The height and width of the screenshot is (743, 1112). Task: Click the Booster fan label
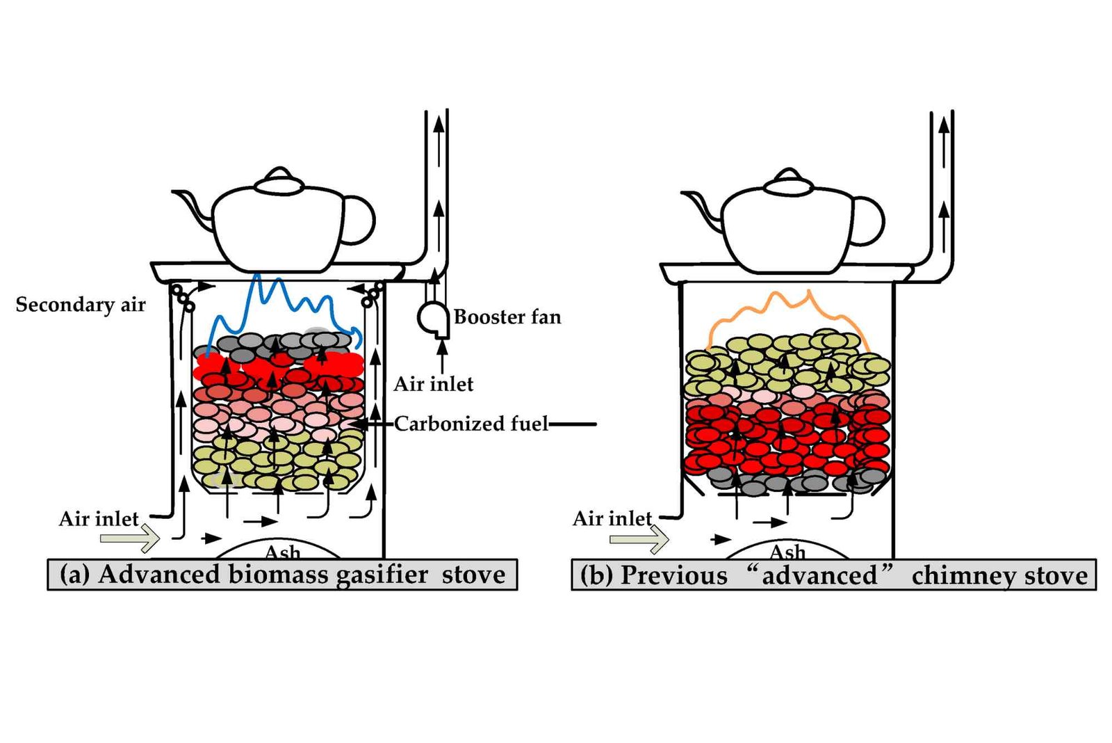(x=507, y=317)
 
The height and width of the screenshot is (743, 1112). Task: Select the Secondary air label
(x=81, y=304)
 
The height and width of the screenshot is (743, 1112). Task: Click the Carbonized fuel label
(x=471, y=424)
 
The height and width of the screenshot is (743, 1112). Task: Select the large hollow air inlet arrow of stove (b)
(x=639, y=539)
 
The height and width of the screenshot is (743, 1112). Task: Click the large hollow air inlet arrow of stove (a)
(x=130, y=538)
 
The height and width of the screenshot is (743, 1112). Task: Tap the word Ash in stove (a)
(x=282, y=552)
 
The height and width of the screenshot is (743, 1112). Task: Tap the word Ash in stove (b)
(x=787, y=552)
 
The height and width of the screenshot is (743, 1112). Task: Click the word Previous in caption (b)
(x=673, y=575)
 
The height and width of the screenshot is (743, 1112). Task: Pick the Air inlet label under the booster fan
(x=434, y=384)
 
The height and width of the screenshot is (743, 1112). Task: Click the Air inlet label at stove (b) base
(x=612, y=518)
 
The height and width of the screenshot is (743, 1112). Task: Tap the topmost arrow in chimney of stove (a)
(x=439, y=142)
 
